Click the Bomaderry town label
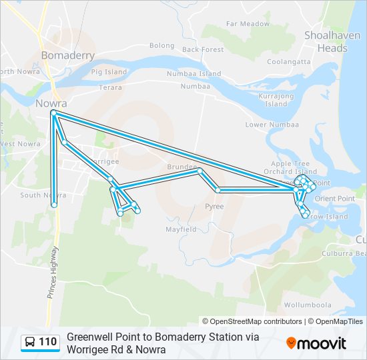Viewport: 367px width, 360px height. (x=67, y=55)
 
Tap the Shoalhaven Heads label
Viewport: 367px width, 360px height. (x=326, y=41)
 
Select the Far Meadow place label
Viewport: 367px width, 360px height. (x=248, y=23)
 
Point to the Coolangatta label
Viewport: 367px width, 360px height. (x=289, y=61)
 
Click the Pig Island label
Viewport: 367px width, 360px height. (x=109, y=71)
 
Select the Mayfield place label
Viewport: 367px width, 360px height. (x=181, y=229)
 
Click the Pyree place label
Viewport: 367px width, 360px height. (x=214, y=207)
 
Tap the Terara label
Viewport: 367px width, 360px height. (x=110, y=87)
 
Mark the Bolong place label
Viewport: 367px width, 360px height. (x=161, y=45)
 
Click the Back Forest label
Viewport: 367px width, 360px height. (x=203, y=49)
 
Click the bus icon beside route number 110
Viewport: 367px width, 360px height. (x=31, y=342)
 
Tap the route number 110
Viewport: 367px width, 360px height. (x=47, y=342)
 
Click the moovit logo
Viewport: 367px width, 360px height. (x=316, y=343)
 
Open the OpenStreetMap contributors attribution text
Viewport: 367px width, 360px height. (x=252, y=321)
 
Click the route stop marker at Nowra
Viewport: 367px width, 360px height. (x=53, y=114)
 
